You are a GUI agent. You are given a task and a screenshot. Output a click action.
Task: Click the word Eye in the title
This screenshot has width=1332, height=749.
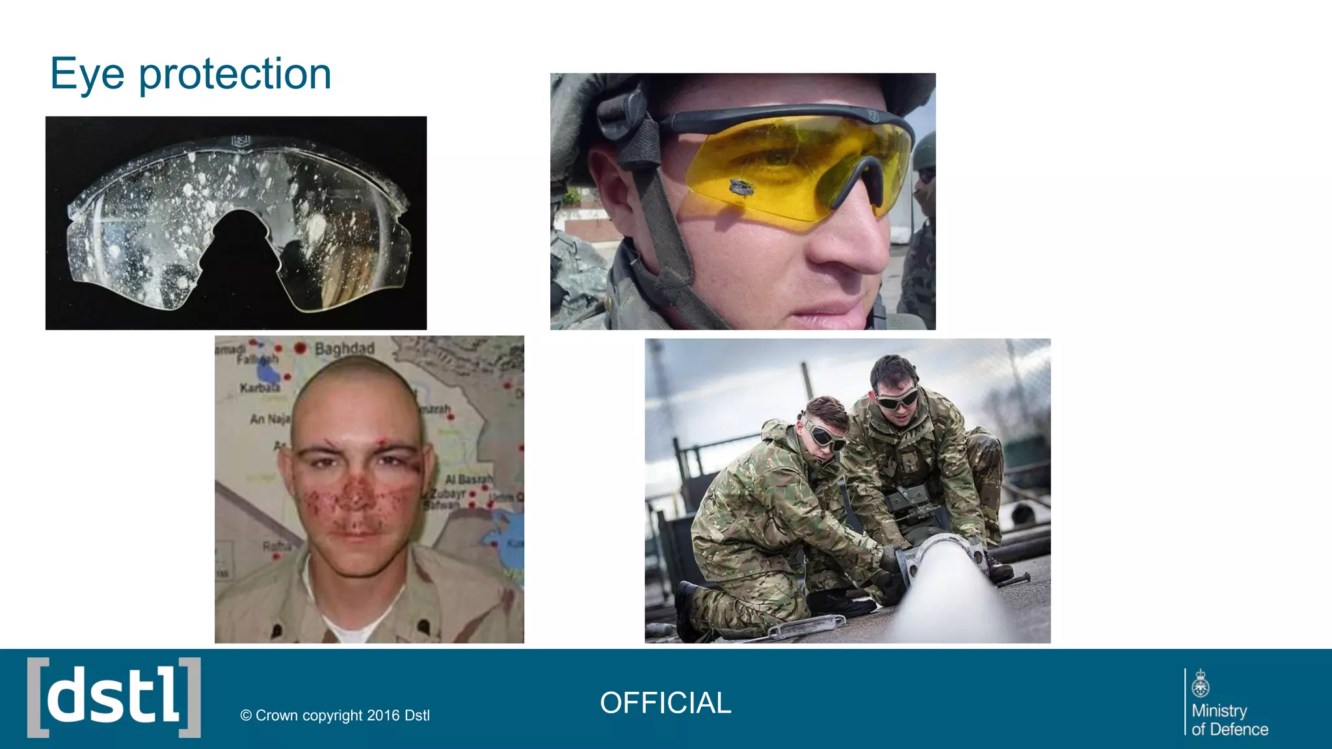coord(87,74)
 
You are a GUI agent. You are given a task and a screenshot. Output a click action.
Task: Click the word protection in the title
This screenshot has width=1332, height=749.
coord(235,74)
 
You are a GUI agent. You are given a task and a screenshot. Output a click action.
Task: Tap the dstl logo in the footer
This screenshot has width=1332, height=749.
coord(114,698)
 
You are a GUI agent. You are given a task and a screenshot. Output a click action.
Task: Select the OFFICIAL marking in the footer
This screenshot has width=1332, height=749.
coord(665,703)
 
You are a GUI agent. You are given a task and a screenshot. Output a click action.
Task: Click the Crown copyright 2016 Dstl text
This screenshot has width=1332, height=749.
coord(335,715)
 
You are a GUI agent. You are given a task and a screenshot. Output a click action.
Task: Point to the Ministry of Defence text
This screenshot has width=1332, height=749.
coord(1229,720)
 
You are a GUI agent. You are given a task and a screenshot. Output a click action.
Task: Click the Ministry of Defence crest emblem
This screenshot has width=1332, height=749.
coord(1201,684)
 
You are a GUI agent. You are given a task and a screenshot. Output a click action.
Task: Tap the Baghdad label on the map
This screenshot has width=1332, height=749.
coord(344,348)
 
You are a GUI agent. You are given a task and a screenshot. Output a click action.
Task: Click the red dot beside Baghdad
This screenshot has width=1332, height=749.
coord(300,348)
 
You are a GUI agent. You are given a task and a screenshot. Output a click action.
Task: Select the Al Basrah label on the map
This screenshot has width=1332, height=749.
coord(468,479)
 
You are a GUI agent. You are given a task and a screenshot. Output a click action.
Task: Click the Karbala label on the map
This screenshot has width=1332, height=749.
coord(260,388)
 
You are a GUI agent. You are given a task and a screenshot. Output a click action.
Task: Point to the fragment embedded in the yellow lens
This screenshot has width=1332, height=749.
coord(741,189)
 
